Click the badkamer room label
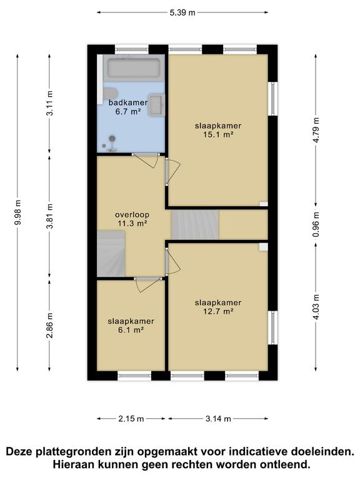[127, 102]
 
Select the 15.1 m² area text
[217, 134]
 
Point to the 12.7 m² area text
[217, 311]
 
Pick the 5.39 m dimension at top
[183, 12]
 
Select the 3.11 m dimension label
[50, 103]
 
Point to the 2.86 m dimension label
[50, 326]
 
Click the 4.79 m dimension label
[316, 131]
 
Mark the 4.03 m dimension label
[316, 307]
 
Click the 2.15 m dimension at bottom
[131, 419]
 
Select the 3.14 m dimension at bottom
[218, 419]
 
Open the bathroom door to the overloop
[145, 159]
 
